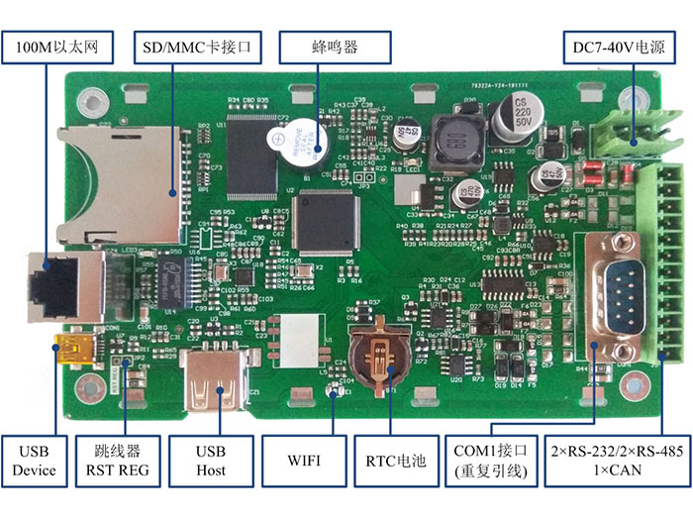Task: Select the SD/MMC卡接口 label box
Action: tap(187, 47)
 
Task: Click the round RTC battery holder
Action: tap(380, 355)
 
